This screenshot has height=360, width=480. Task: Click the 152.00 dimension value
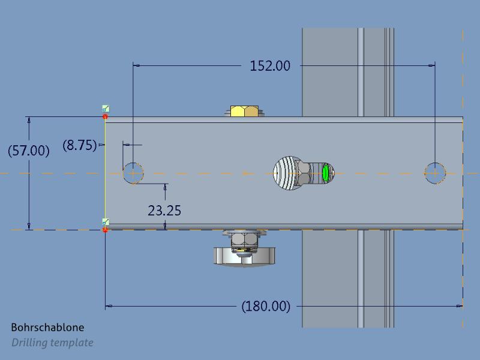(269, 65)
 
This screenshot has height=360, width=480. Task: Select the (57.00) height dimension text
(29, 150)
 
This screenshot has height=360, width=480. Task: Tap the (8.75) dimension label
(80, 145)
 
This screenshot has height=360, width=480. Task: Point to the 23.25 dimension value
(164, 211)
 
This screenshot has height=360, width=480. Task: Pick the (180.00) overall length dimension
(265, 306)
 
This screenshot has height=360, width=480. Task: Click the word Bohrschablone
(47, 328)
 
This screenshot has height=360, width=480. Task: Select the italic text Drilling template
(52, 343)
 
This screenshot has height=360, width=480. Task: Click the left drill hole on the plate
(133, 173)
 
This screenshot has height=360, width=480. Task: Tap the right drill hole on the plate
(435, 173)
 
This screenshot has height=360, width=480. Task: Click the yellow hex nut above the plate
(245, 111)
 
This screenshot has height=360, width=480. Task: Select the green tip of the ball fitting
(326, 173)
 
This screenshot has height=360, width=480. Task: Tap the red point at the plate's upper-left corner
(106, 116)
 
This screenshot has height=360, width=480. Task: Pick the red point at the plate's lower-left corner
(106, 229)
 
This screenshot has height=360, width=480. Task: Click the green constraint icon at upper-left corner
(106, 109)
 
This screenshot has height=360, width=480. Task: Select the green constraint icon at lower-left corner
(106, 222)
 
